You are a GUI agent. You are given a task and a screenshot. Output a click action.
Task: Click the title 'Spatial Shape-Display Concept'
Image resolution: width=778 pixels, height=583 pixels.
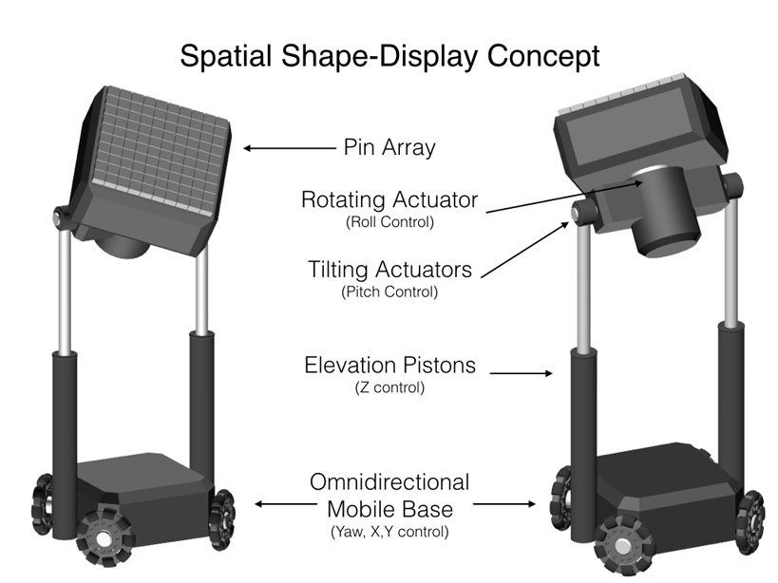point(389,55)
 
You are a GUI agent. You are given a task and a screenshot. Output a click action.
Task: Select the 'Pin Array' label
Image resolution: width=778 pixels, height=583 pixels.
point(389,148)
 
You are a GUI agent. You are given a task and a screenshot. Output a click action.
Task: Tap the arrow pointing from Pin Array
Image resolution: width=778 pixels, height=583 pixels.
point(285,148)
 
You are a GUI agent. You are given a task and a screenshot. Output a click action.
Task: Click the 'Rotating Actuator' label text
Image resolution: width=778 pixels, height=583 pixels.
point(389,200)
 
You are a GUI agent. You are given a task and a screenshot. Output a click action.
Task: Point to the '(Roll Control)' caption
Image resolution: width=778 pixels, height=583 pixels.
point(389,223)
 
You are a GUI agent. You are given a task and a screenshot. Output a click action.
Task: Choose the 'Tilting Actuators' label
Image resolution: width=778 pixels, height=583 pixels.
point(389,270)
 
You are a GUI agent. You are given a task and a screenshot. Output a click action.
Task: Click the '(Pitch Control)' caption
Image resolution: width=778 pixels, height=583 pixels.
point(389,292)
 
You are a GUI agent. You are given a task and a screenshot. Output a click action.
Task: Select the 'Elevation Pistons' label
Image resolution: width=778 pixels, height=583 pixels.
point(389,365)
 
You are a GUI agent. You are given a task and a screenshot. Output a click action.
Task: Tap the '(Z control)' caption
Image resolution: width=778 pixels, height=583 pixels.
point(389,387)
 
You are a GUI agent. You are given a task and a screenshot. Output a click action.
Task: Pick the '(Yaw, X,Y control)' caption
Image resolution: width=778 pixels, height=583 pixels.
point(389,532)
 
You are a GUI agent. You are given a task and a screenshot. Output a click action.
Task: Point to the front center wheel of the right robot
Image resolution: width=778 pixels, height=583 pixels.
point(622,547)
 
